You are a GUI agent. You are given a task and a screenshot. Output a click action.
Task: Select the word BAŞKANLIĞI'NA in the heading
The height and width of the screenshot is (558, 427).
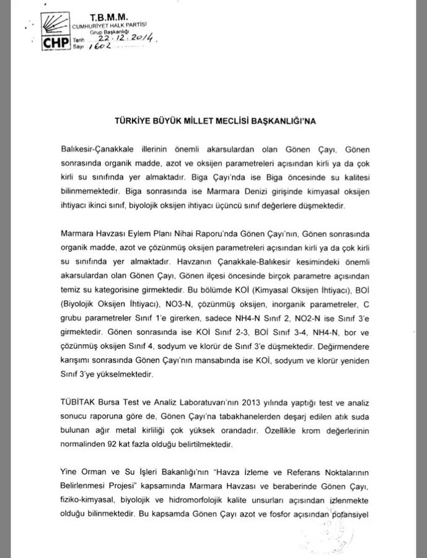point(283,122)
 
